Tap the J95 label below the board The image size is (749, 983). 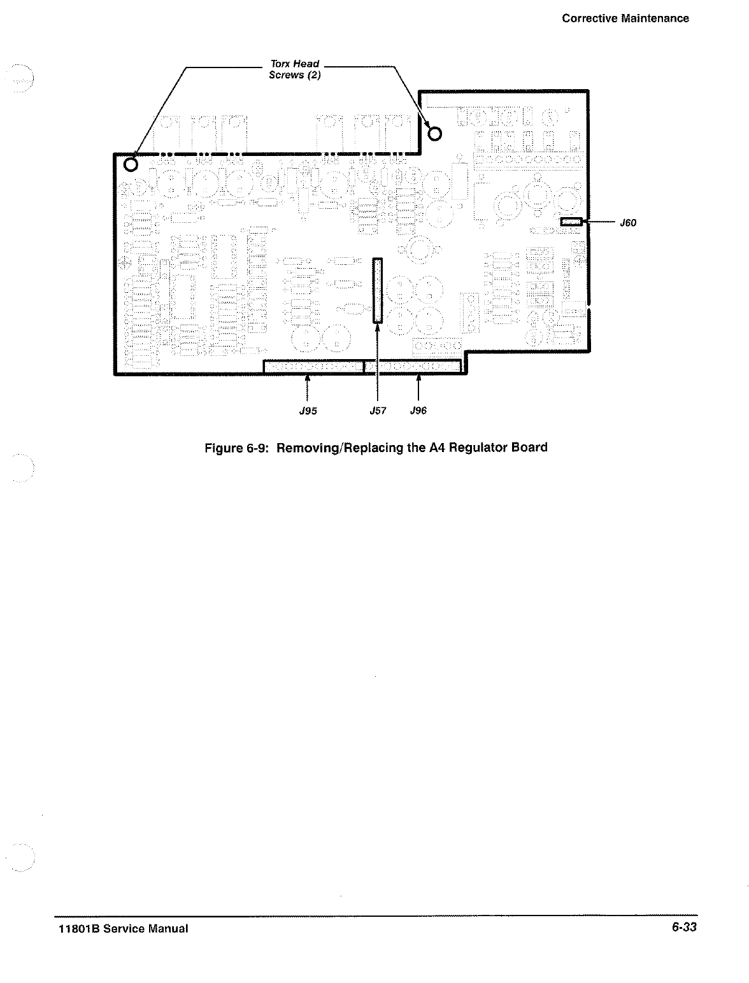point(308,411)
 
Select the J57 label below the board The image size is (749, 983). point(378,411)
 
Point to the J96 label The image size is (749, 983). point(418,411)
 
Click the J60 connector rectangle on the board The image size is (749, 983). point(571,222)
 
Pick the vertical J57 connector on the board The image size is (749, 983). point(378,290)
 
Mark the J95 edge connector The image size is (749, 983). point(313,366)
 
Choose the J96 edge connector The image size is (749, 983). point(412,366)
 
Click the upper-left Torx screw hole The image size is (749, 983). point(131,164)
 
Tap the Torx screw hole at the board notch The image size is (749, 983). point(435,133)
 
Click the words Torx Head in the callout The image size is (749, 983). point(295,64)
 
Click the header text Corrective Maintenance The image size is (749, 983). point(625,18)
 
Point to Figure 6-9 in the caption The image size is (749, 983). point(237,448)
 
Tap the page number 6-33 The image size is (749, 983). point(684,927)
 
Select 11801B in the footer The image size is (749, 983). point(71,928)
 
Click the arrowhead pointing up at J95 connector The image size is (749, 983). point(308,378)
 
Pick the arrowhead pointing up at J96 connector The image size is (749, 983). point(418,378)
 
